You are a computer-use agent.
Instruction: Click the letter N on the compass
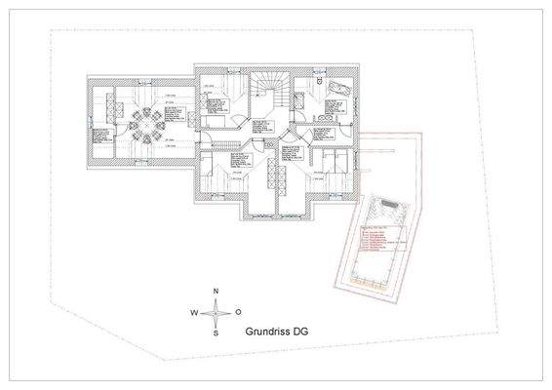216,292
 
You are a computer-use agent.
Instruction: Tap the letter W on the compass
194,312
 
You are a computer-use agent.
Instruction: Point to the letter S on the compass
216,332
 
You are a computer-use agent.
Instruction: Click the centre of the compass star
216,312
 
